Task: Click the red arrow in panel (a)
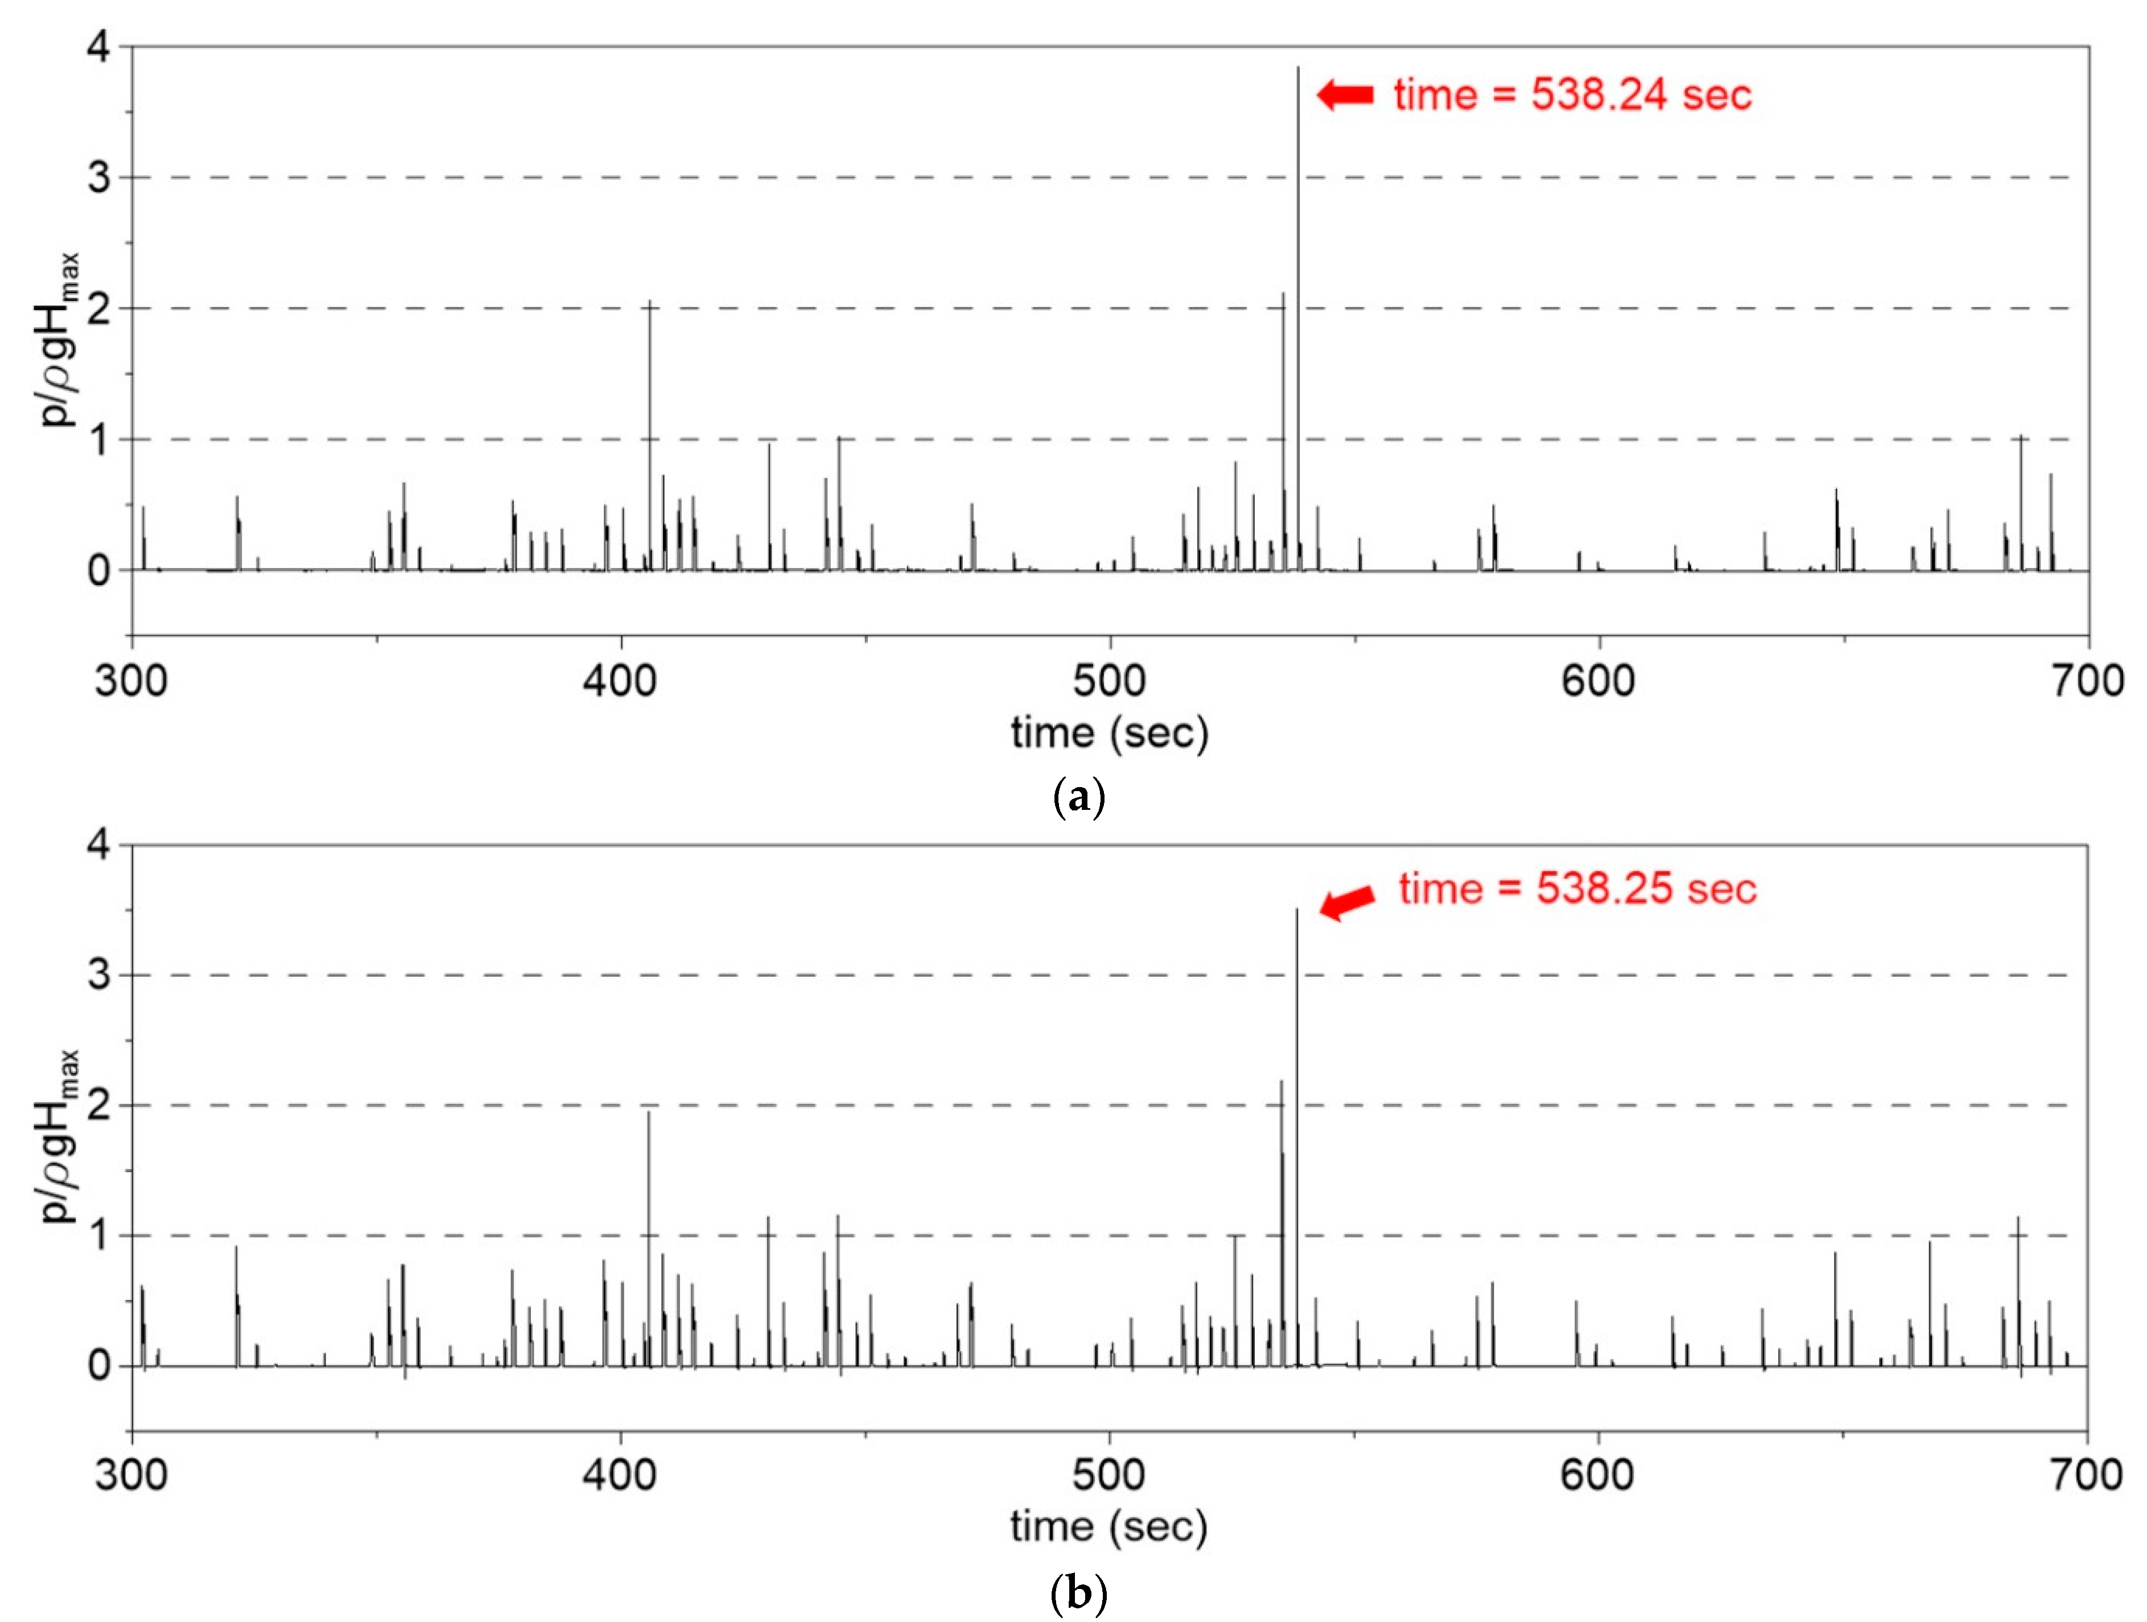[1345, 94]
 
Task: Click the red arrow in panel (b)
[1347, 901]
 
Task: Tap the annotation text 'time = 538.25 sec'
[1577, 889]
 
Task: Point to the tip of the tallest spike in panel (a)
[1298, 67]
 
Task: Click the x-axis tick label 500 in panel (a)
[1108, 681]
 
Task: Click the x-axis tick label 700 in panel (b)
[2086, 1475]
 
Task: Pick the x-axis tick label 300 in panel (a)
[131, 681]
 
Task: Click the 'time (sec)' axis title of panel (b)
[1108, 1527]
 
